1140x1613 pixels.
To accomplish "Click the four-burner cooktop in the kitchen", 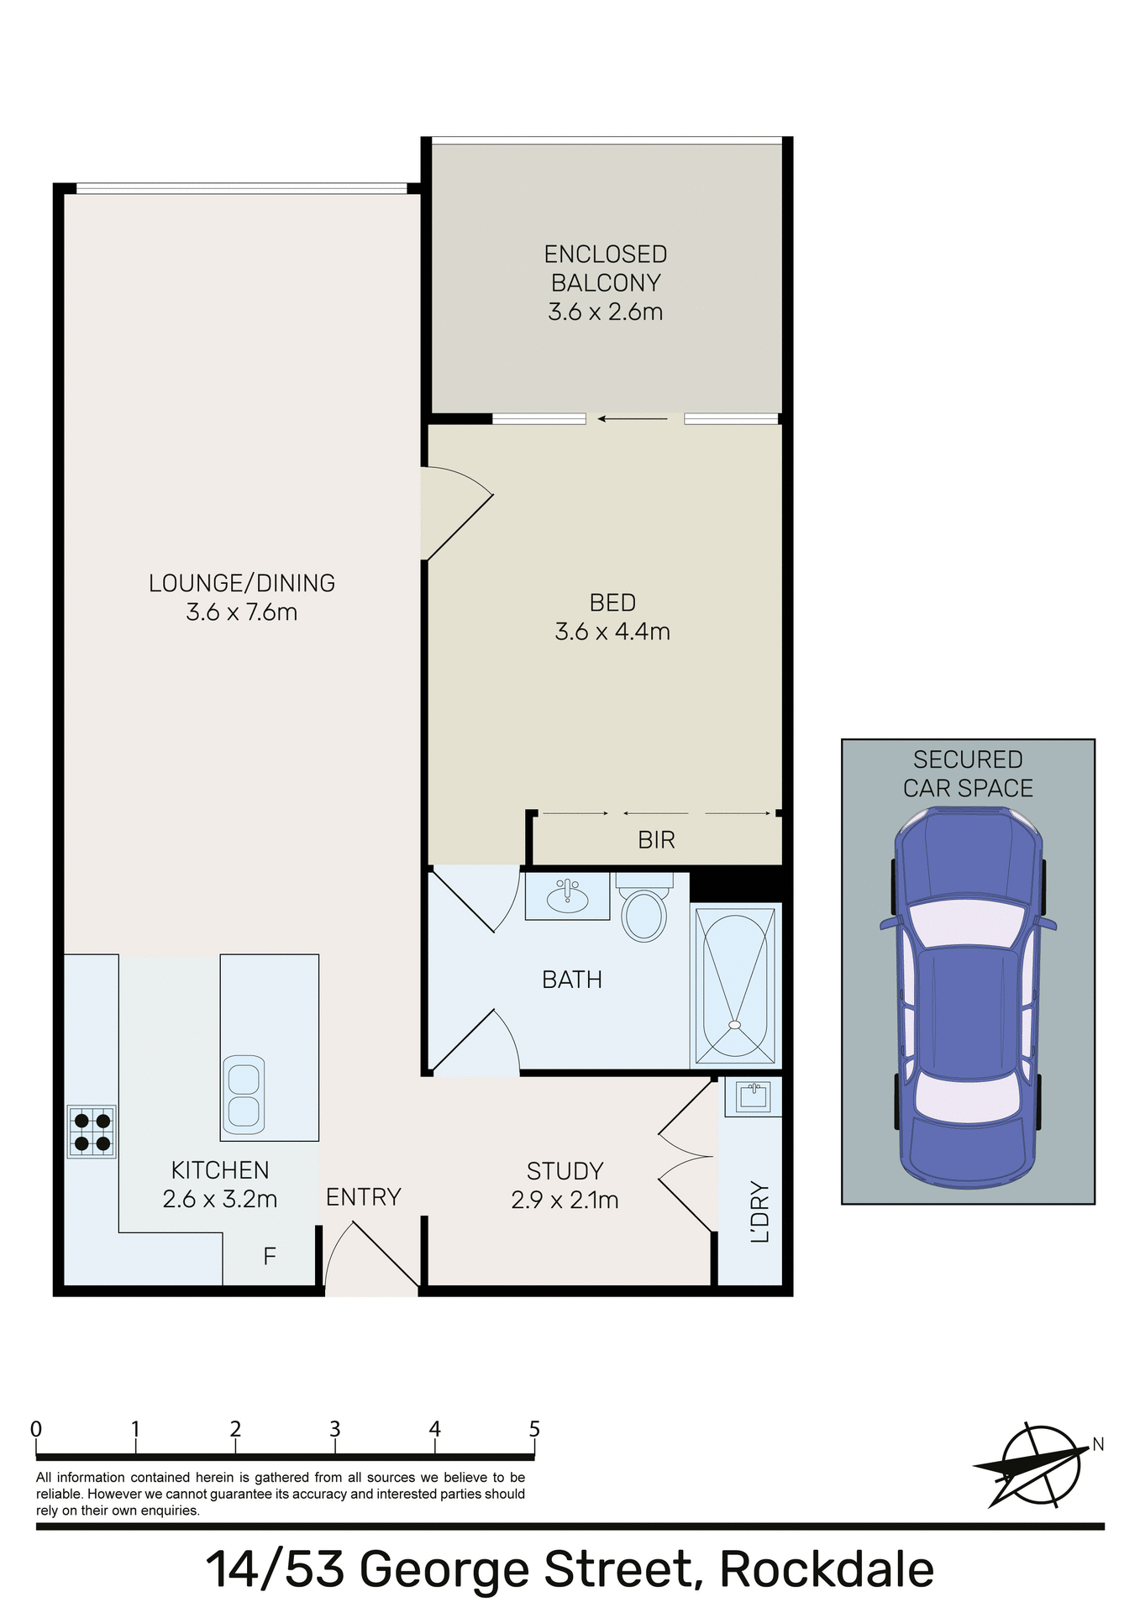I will coord(92,1132).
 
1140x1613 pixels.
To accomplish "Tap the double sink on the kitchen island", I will coord(244,1094).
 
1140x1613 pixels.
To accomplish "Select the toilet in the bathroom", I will coord(644,912).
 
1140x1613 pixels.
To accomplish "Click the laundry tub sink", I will coord(753,1096).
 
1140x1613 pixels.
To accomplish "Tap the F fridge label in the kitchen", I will coord(270,1257).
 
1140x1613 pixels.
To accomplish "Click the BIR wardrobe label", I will coord(656,840).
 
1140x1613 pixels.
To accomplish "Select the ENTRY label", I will coord(364,1197).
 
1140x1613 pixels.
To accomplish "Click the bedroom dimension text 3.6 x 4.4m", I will coord(612,632).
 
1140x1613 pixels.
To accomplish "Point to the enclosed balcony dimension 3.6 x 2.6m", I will coord(606,312).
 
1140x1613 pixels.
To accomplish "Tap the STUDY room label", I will coord(565,1171).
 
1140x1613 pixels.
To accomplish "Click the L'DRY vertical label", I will coord(759,1211).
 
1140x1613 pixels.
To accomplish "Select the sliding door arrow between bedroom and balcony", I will coord(633,418).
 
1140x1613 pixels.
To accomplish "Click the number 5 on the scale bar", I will coord(534,1429).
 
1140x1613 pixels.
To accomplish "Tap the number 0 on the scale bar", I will coord(36,1429).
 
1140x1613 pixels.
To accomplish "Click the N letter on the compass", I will coord(1097,1444).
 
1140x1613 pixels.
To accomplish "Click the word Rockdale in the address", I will coord(827,1569).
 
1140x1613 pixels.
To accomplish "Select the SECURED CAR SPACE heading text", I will coord(968,774).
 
